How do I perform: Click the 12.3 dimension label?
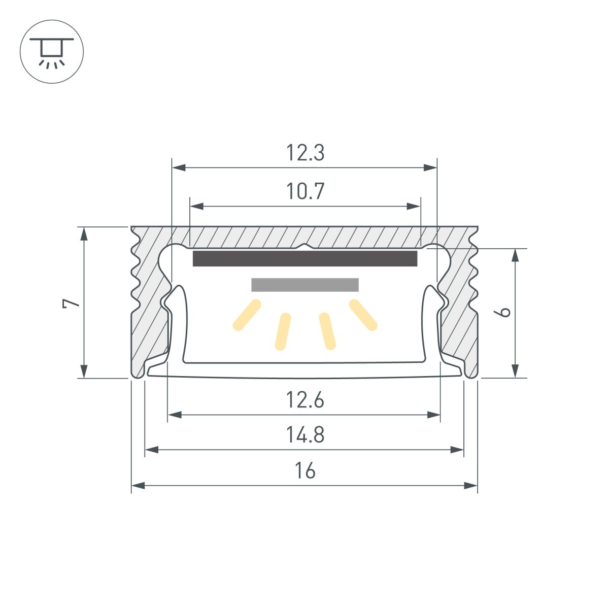[305, 153]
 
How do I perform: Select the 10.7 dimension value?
[305, 192]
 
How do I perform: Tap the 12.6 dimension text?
[305, 401]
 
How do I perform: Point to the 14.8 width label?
[305, 435]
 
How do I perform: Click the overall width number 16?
[305, 471]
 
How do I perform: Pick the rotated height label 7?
[71, 303]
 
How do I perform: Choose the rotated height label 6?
[504, 312]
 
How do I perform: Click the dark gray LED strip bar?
[305, 258]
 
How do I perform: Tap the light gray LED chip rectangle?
[305, 285]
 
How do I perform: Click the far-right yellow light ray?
[363, 315]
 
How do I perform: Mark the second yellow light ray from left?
[283, 331]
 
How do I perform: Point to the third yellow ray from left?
[327, 331]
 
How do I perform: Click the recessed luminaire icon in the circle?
[51, 52]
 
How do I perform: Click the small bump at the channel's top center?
[304, 247]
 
